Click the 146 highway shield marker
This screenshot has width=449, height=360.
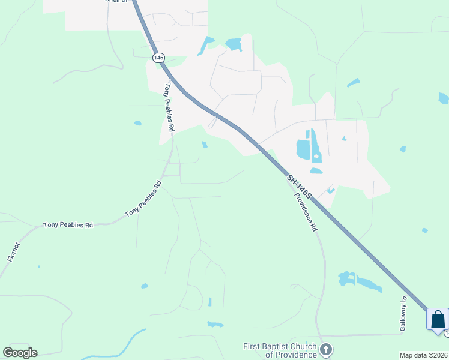(158, 58)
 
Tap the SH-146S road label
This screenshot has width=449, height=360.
(298, 187)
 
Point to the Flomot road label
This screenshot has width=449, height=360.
(13, 251)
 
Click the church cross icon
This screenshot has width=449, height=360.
(326, 349)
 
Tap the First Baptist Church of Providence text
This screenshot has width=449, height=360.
(280, 350)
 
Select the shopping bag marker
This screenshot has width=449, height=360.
(438, 319)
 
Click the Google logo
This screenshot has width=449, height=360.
(20, 353)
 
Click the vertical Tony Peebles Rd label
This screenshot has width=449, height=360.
(169, 107)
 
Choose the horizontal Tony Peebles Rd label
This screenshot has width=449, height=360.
(68, 226)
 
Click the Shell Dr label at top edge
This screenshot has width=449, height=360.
(117, 1)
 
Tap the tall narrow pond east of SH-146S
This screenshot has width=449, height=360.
(315, 146)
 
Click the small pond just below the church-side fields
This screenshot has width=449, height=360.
(215, 325)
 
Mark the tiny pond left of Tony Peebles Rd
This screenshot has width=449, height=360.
(138, 124)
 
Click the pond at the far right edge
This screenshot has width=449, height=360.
(444, 98)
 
